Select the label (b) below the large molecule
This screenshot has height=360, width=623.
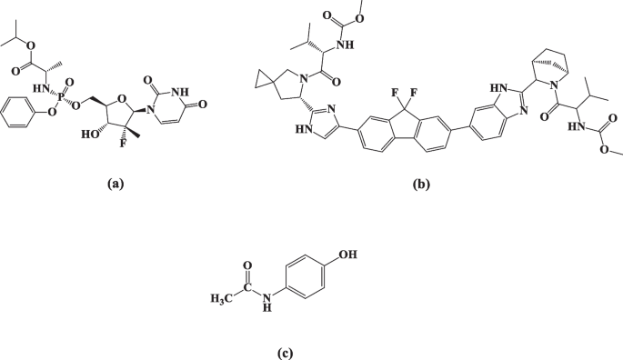tap(420, 184)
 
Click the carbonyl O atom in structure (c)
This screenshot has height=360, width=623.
tap(246, 265)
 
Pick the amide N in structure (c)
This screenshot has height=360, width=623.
tap(266, 301)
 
